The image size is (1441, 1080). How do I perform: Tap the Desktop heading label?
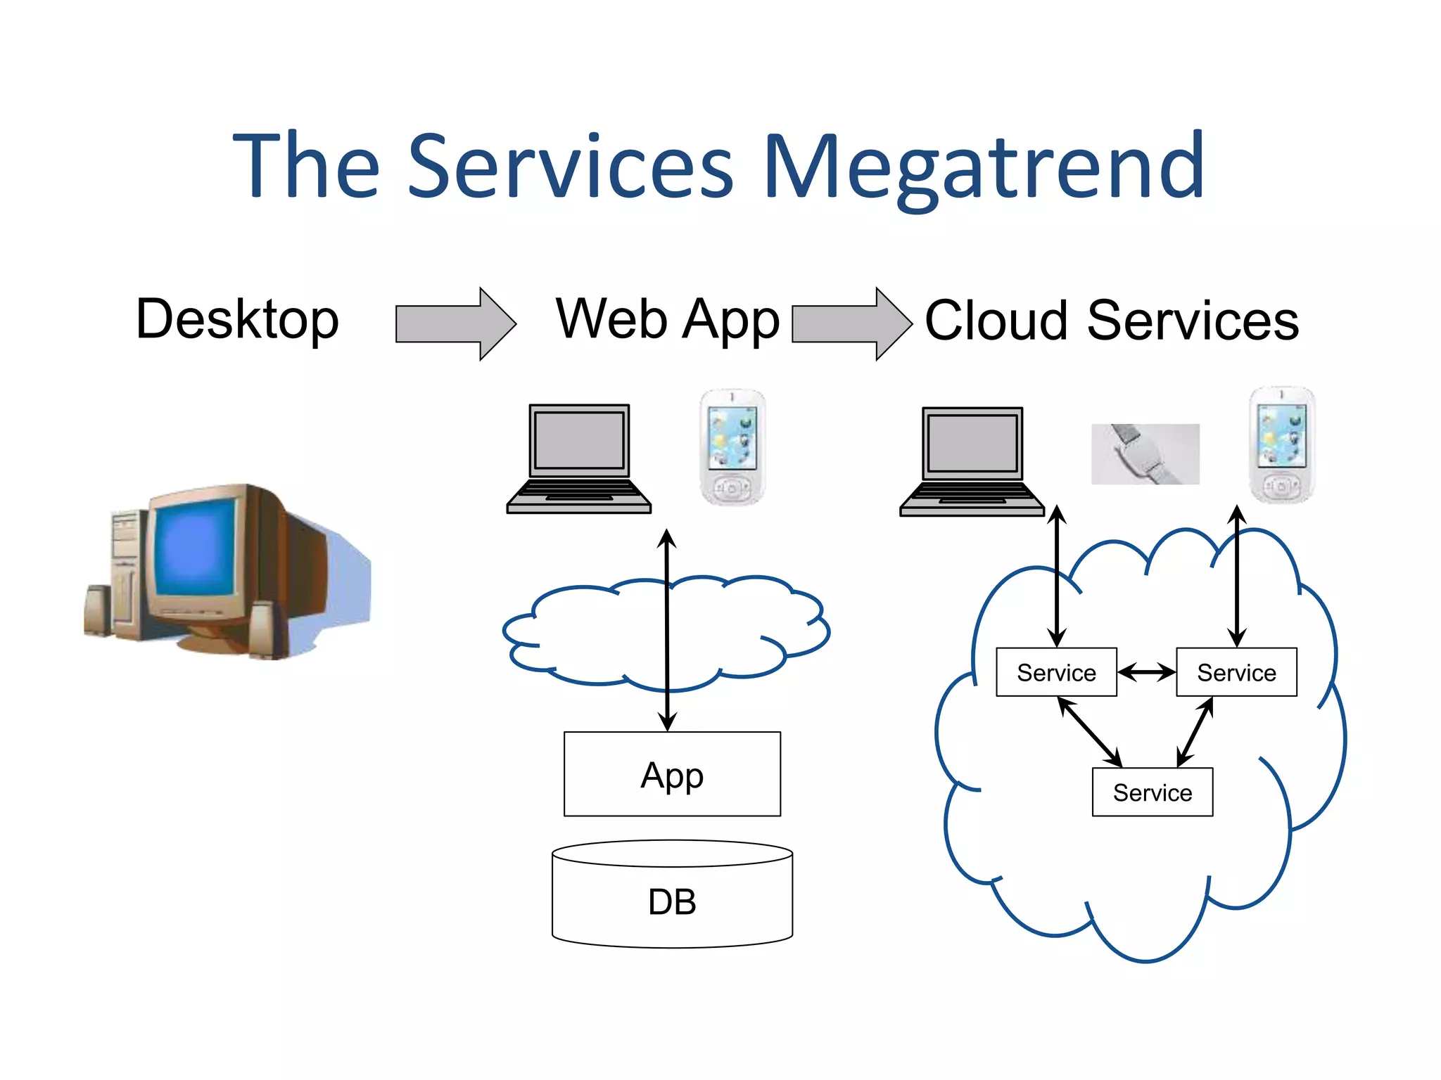tap(237, 320)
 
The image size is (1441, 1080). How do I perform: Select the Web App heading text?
tap(667, 320)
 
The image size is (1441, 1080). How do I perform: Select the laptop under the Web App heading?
tap(578, 458)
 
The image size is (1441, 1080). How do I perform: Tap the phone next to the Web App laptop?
tap(732, 446)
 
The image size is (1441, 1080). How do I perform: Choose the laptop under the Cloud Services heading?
tap(972, 461)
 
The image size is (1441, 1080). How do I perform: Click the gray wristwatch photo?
tap(1145, 454)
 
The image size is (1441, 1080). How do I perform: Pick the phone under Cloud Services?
tap(1281, 444)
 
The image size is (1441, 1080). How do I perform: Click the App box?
tap(672, 774)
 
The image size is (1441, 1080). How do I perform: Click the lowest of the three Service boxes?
tap(1152, 792)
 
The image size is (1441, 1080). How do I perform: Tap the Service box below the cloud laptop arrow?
tap(1056, 672)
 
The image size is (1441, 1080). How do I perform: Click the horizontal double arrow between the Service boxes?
tap(1146, 672)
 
